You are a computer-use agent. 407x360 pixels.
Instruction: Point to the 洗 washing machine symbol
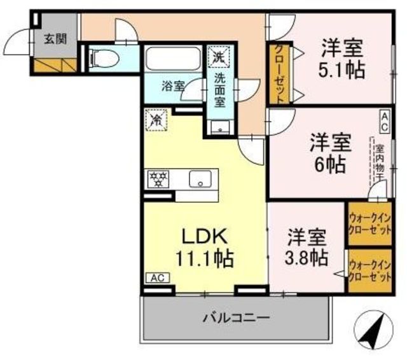[219, 55]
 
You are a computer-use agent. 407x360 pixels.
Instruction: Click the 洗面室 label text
[219, 89]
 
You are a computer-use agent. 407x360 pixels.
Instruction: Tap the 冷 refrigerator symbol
[155, 119]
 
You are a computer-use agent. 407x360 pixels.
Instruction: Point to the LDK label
[204, 235]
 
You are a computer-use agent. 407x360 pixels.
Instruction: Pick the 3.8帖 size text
[307, 258]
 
